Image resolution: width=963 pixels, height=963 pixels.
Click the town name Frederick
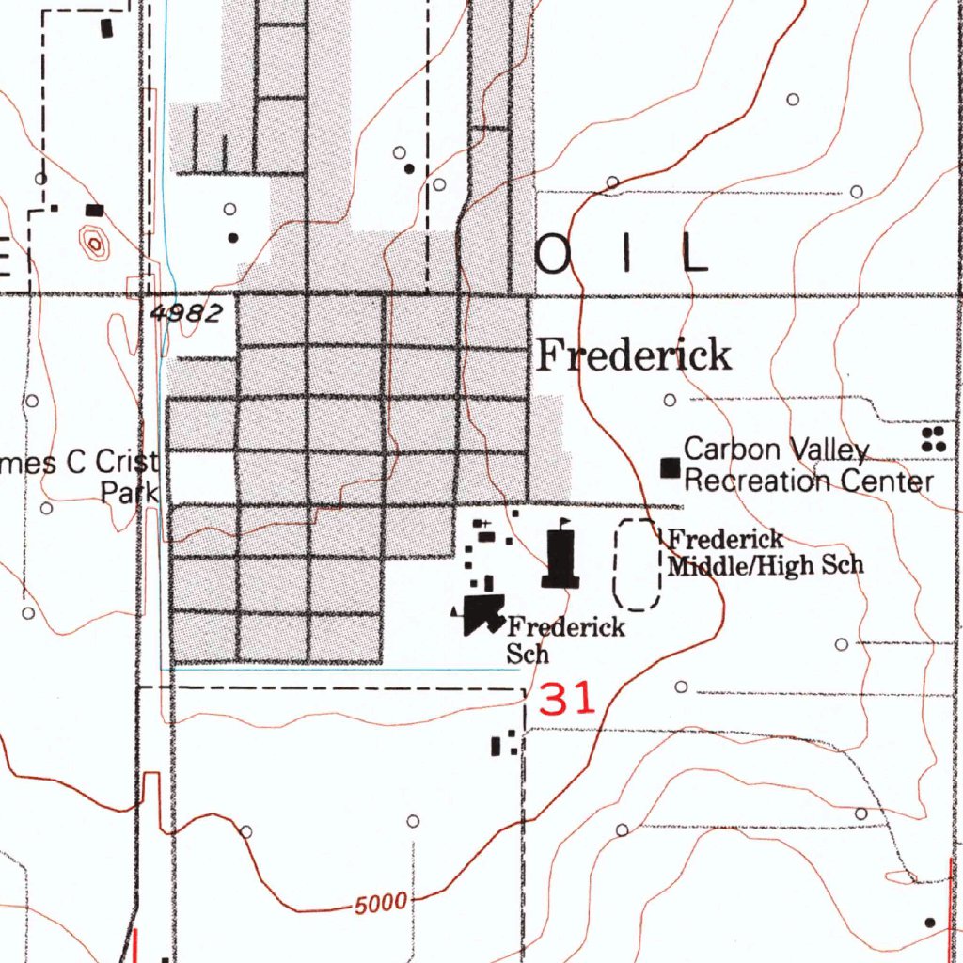pyautogui.click(x=633, y=356)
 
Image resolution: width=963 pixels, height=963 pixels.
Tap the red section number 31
pyautogui.click(x=568, y=700)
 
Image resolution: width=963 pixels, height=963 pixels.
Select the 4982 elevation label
pyautogui.click(x=186, y=314)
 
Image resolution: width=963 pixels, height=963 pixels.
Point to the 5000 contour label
pyautogui.click(x=382, y=906)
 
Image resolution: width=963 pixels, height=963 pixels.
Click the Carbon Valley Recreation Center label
pyautogui.click(x=808, y=466)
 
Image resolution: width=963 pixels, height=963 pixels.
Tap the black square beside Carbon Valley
pyautogui.click(x=671, y=466)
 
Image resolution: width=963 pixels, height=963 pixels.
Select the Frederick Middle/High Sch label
pyautogui.click(x=764, y=553)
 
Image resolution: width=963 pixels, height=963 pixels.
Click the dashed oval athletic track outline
pyautogui.click(x=637, y=562)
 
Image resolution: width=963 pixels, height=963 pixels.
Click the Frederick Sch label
pyautogui.click(x=564, y=639)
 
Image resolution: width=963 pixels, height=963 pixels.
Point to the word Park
pyautogui.click(x=130, y=492)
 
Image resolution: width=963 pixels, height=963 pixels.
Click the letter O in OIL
pyautogui.click(x=555, y=253)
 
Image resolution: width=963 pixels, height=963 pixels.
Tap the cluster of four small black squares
pyautogui.click(x=933, y=438)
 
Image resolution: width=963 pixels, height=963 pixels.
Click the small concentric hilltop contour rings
pyautogui.click(x=94, y=244)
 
